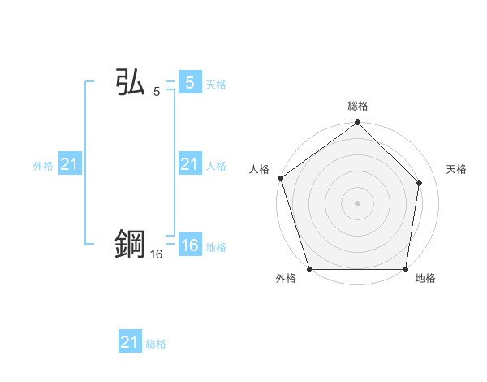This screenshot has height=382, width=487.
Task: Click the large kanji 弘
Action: (130, 83)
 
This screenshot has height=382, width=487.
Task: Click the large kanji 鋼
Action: (130, 245)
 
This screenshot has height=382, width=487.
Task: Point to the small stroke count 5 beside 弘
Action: (157, 92)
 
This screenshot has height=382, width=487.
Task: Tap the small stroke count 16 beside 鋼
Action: (157, 254)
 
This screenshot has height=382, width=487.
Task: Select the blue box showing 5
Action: (189, 83)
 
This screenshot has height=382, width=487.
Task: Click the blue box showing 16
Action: (189, 245)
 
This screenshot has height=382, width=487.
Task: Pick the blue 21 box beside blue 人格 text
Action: (189, 165)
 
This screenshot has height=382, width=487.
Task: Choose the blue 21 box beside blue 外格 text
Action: (70, 165)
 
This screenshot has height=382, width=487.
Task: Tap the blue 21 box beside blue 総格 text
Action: (129, 342)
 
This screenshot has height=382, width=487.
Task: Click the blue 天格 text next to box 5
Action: (216, 85)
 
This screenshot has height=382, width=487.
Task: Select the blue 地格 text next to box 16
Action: (216, 247)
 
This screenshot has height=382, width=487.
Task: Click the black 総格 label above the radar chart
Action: (358, 106)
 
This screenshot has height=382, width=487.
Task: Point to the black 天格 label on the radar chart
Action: (457, 169)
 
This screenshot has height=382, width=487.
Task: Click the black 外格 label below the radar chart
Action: (286, 279)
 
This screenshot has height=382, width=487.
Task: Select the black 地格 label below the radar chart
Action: (425, 279)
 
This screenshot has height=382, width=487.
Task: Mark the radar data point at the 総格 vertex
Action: (358, 124)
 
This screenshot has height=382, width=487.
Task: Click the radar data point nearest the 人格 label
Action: (280, 178)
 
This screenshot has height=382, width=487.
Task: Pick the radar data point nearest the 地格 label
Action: (405, 269)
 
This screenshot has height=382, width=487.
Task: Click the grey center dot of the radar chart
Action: (358, 203)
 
